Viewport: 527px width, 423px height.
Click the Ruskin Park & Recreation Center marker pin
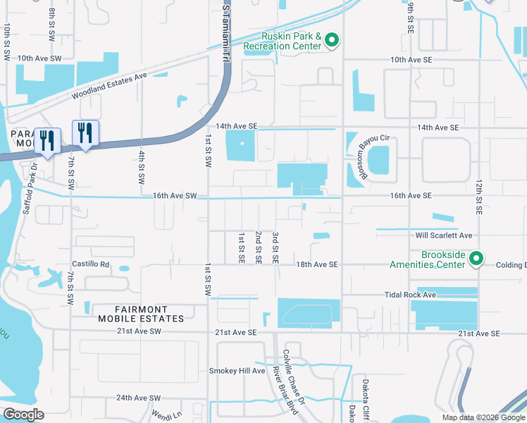tap(332, 41)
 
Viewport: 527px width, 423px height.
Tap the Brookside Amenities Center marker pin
tap(476, 259)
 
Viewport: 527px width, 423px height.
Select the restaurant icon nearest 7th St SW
tap(85, 133)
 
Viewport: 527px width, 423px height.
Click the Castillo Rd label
tap(95, 264)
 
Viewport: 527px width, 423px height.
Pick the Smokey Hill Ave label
tap(237, 371)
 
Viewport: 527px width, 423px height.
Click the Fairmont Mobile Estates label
tap(151, 314)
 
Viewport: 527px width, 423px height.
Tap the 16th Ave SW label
tap(175, 195)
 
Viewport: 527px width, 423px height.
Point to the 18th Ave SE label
tap(317, 264)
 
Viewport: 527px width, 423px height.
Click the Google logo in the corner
tap(23, 414)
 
